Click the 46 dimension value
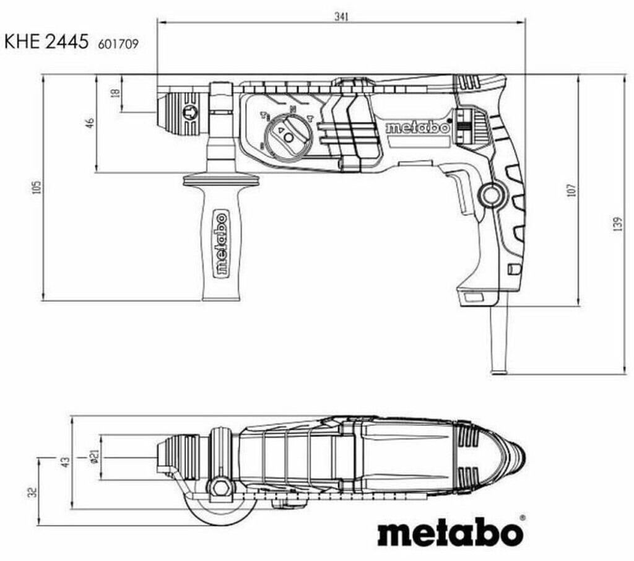(x=89, y=123)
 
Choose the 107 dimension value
(x=571, y=189)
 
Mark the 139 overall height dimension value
(x=617, y=224)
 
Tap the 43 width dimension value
(x=65, y=461)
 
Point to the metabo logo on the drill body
(x=417, y=128)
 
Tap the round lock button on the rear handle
(x=492, y=196)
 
